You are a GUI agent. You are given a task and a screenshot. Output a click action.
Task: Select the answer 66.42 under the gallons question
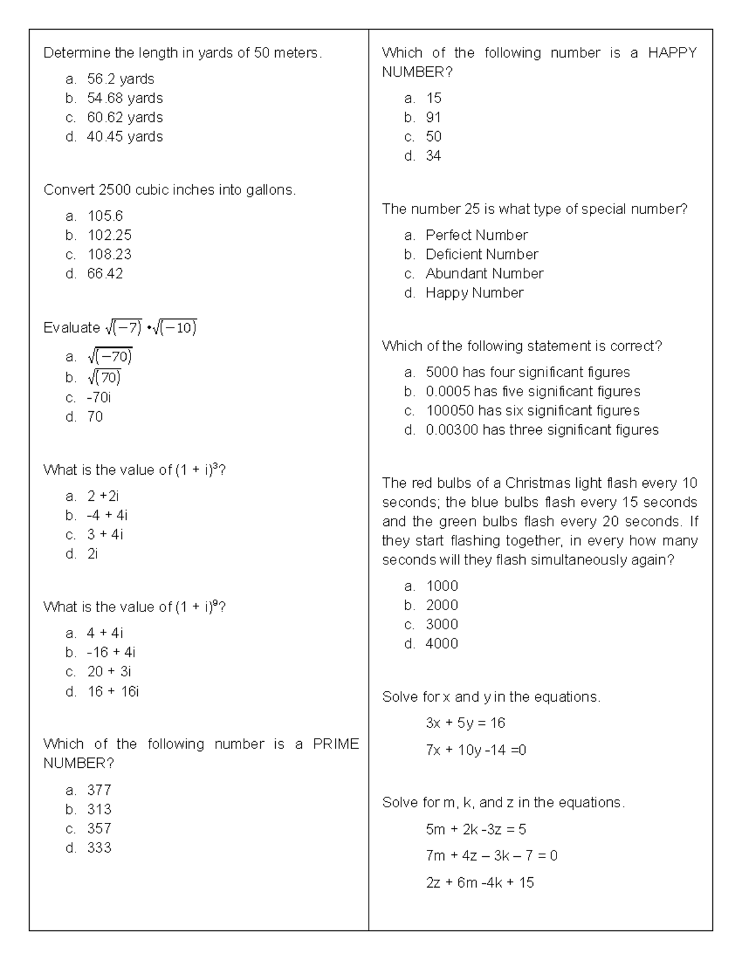pyautogui.click(x=105, y=274)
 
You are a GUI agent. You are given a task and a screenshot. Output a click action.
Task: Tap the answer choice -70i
pyautogui.click(x=99, y=397)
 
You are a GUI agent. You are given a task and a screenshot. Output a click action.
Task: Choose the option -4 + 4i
pyautogui.click(x=107, y=516)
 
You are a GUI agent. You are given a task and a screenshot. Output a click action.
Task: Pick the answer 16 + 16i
pyautogui.click(x=113, y=691)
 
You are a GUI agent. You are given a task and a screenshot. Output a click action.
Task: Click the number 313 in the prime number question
pyautogui.click(x=99, y=809)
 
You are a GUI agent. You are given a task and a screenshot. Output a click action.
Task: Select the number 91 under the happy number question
pyautogui.click(x=433, y=117)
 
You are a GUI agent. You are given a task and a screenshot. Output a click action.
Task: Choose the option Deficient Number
pyautogui.click(x=482, y=255)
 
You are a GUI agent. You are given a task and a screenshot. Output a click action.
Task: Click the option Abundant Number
pyautogui.click(x=484, y=274)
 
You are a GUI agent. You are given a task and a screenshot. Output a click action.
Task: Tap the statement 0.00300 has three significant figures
pyautogui.click(x=542, y=430)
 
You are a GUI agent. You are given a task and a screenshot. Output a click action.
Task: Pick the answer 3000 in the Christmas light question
pyautogui.click(x=441, y=624)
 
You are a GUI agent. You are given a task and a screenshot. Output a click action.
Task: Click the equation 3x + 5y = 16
pyautogui.click(x=465, y=723)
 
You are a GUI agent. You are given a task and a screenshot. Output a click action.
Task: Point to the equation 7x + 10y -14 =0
pyautogui.click(x=475, y=750)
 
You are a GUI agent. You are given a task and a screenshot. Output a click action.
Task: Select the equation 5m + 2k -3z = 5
pyautogui.click(x=475, y=830)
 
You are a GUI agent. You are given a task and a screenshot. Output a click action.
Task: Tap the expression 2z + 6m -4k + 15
pyautogui.click(x=479, y=883)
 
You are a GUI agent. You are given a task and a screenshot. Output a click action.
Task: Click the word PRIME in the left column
pyautogui.click(x=336, y=744)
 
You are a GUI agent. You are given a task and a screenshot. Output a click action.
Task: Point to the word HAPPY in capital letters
pyautogui.click(x=672, y=53)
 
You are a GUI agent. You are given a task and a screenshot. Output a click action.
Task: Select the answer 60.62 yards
pyautogui.click(x=125, y=117)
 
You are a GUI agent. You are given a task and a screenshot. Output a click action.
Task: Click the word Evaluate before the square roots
pyautogui.click(x=71, y=328)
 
